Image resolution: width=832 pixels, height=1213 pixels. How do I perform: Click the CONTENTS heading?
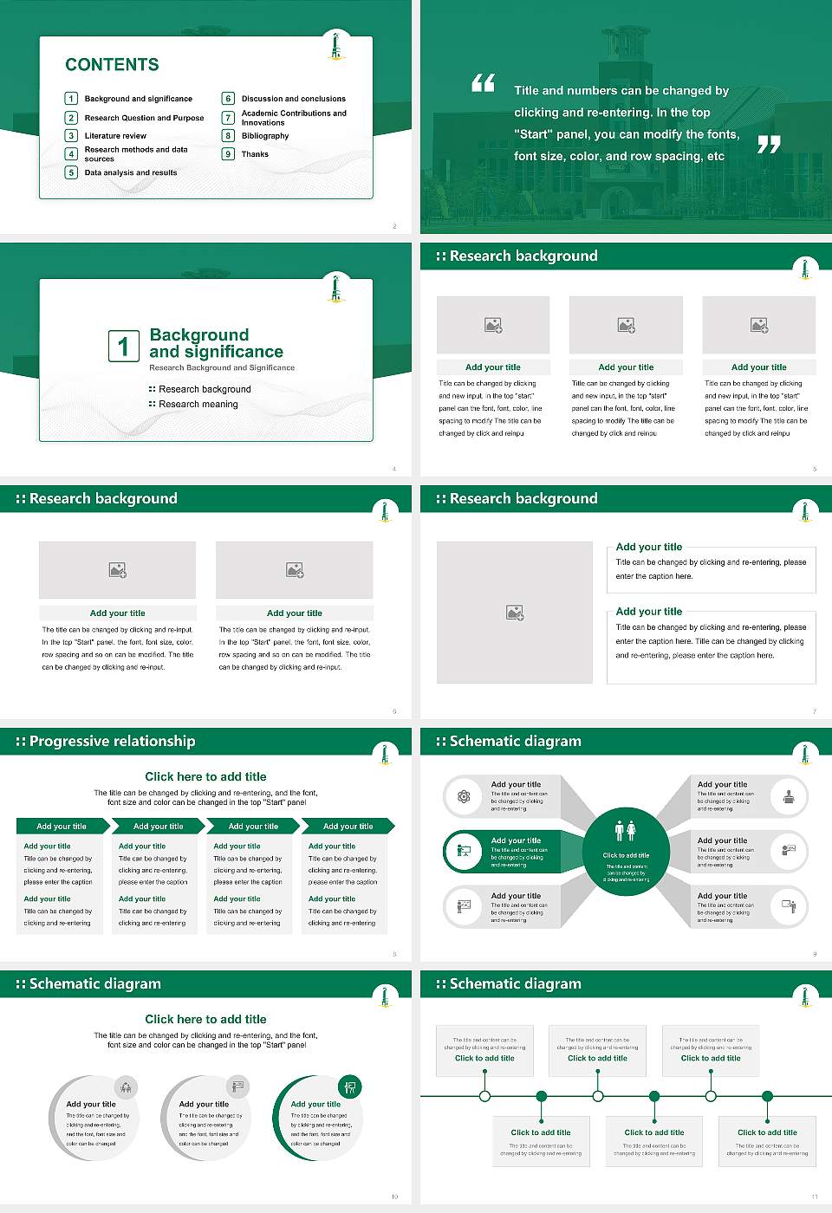point(112,64)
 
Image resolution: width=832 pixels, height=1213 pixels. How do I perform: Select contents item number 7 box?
point(229,118)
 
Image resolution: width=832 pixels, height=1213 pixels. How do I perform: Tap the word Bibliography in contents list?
point(265,136)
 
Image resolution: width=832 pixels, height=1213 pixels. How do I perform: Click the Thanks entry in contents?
point(255,154)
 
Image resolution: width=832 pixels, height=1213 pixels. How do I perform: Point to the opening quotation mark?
point(483,83)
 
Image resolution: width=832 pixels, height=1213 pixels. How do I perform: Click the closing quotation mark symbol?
point(769,145)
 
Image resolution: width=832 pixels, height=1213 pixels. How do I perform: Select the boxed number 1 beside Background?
point(123,346)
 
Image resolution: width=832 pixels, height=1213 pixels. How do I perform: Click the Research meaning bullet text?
point(198,404)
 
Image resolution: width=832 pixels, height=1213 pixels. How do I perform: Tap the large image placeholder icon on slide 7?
point(515,613)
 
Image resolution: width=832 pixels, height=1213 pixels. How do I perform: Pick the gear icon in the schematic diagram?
point(464,796)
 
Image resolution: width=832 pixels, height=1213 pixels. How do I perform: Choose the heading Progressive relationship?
point(112,741)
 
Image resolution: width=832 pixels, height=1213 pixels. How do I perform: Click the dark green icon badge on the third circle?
point(350,1087)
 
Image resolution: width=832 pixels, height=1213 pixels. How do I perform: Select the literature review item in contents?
point(115,136)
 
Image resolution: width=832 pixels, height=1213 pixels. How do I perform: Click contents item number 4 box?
point(72,154)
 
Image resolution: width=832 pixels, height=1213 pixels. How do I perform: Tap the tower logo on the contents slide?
point(336,46)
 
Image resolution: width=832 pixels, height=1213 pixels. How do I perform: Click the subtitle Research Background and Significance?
point(222,367)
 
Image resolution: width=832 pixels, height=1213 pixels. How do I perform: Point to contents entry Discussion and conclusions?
point(293,99)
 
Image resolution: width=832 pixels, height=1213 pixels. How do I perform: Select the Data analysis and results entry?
point(131,172)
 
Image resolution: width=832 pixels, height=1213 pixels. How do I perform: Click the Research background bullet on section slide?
point(205,389)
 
